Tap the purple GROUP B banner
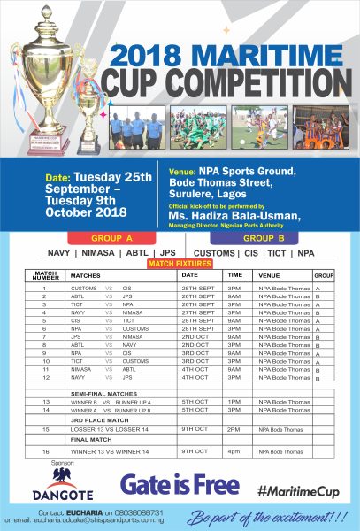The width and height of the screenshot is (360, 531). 266,238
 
